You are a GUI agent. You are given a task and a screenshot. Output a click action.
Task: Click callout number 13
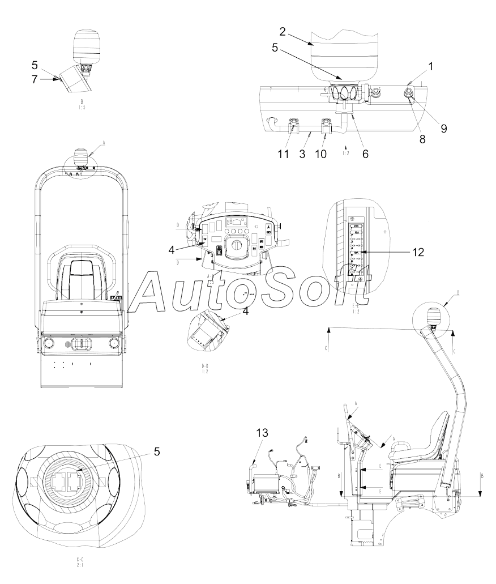click(262, 433)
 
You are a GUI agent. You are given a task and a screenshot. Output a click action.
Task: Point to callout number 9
click(444, 128)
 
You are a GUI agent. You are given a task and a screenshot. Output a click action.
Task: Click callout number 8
click(422, 138)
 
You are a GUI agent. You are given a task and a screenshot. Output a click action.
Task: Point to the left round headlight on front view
click(49, 343)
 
